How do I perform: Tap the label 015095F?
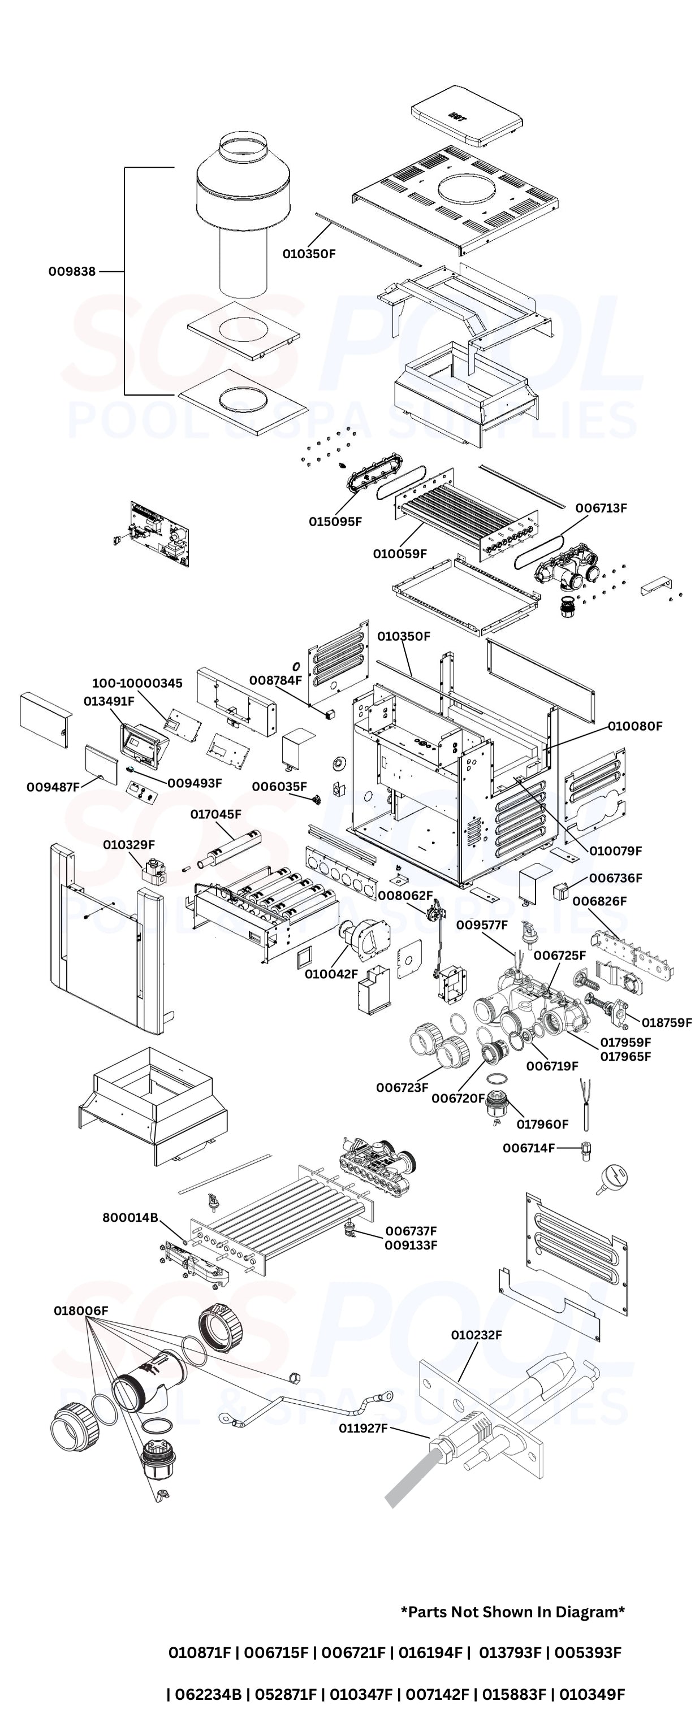pos(335,522)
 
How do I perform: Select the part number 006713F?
pos(601,508)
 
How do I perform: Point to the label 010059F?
pos(400,554)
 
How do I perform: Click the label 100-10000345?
pos(137,683)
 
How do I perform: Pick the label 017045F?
pos(215,814)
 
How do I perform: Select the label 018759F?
pos(666,1022)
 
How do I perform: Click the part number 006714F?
pos(529,1148)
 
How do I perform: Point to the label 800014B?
pos(130,1218)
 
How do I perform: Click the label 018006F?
pos(81,1311)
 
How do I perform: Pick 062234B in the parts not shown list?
pos(208,1694)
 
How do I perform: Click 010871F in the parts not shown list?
pos(200,1652)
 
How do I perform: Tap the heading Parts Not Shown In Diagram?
pos(512,1612)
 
